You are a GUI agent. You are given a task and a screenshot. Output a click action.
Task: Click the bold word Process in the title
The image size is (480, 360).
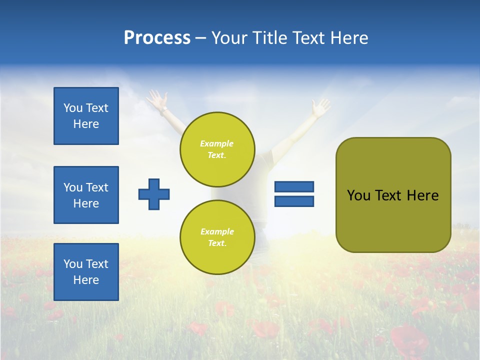(157, 38)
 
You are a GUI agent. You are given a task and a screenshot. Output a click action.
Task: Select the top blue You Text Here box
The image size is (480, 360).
(86, 116)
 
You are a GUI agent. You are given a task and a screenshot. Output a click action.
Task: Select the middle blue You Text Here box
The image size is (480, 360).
(86, 195)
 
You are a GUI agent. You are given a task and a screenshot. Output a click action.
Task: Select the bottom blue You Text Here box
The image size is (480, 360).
(86, 272)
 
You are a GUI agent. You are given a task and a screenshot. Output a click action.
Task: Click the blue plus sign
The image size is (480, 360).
(154, 194)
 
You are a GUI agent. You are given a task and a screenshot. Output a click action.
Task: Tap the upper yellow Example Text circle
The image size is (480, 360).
(217, 149)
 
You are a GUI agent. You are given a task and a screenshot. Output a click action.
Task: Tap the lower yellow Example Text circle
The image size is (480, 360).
(217, 237)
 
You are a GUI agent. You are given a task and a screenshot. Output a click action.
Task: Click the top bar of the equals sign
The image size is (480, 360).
(294, 187)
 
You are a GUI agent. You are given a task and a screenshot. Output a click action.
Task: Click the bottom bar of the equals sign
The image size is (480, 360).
(294, 201)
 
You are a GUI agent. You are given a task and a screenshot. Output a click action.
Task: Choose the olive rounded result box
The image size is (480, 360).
(393, 195)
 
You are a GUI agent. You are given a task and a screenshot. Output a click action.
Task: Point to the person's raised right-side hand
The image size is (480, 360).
(320, 106)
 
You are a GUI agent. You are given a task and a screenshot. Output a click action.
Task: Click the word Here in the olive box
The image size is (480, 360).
(422, 195)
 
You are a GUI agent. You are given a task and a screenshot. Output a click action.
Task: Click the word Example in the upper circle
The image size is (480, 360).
(217, 143)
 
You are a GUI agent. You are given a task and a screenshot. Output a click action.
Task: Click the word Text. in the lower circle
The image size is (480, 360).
(217, 243)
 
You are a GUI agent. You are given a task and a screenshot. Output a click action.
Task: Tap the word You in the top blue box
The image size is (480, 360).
(73, 108)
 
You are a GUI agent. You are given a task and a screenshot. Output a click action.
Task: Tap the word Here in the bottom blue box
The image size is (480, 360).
(86, 280)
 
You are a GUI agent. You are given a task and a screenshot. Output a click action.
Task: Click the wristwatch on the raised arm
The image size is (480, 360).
(163, 108)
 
